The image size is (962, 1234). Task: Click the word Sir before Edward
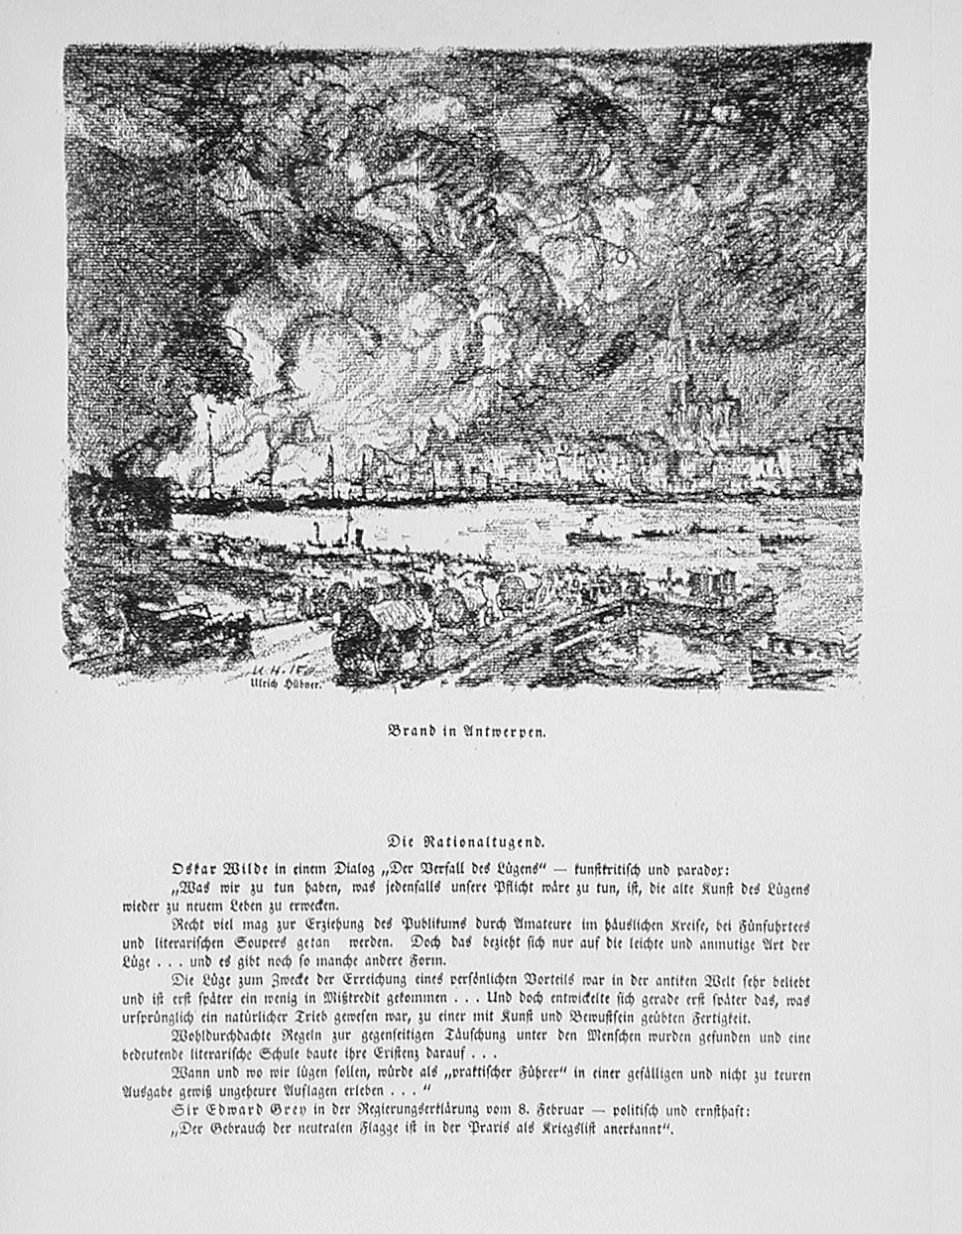pos(185,1111)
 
